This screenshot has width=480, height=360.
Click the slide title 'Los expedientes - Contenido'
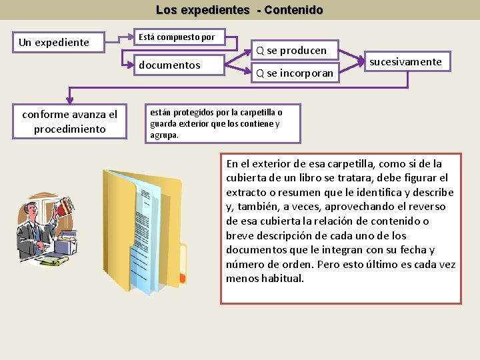click(239, 10)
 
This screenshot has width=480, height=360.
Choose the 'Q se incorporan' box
click(294, 73)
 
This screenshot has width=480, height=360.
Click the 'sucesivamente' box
click(405, 62)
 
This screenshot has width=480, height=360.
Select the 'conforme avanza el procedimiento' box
click(69, 121)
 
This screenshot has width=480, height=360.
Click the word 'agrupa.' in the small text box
click(165, 135)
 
